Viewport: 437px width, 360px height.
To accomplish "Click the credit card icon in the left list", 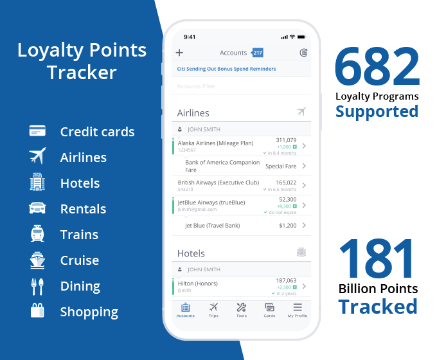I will point(37,131).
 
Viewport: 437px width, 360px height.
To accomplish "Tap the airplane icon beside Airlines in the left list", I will point(37,157).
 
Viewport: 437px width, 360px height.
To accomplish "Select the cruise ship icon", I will point(37,260).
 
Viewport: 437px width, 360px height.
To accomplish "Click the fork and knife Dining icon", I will point(37,286).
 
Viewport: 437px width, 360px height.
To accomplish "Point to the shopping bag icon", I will point(37,312).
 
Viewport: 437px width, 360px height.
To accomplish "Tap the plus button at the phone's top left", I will point(179,53).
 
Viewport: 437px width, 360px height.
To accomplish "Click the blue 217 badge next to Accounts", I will point(257,53).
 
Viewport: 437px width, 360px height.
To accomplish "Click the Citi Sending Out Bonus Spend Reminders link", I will point(226,69).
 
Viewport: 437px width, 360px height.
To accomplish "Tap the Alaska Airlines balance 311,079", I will point(286,139).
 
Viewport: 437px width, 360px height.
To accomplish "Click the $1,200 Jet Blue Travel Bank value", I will point(288,226).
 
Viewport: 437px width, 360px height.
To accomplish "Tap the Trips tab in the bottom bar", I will point(213,310).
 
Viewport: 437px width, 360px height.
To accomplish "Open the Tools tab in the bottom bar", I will point(242,310).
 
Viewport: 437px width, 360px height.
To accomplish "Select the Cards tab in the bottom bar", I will point(270,310).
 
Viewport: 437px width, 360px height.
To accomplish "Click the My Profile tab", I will point(298,310).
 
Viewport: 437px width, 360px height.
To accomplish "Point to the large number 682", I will point(377,67).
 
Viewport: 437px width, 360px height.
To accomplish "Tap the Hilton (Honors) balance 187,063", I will point(286,280).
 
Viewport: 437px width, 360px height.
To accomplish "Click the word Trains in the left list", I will point(79,235).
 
